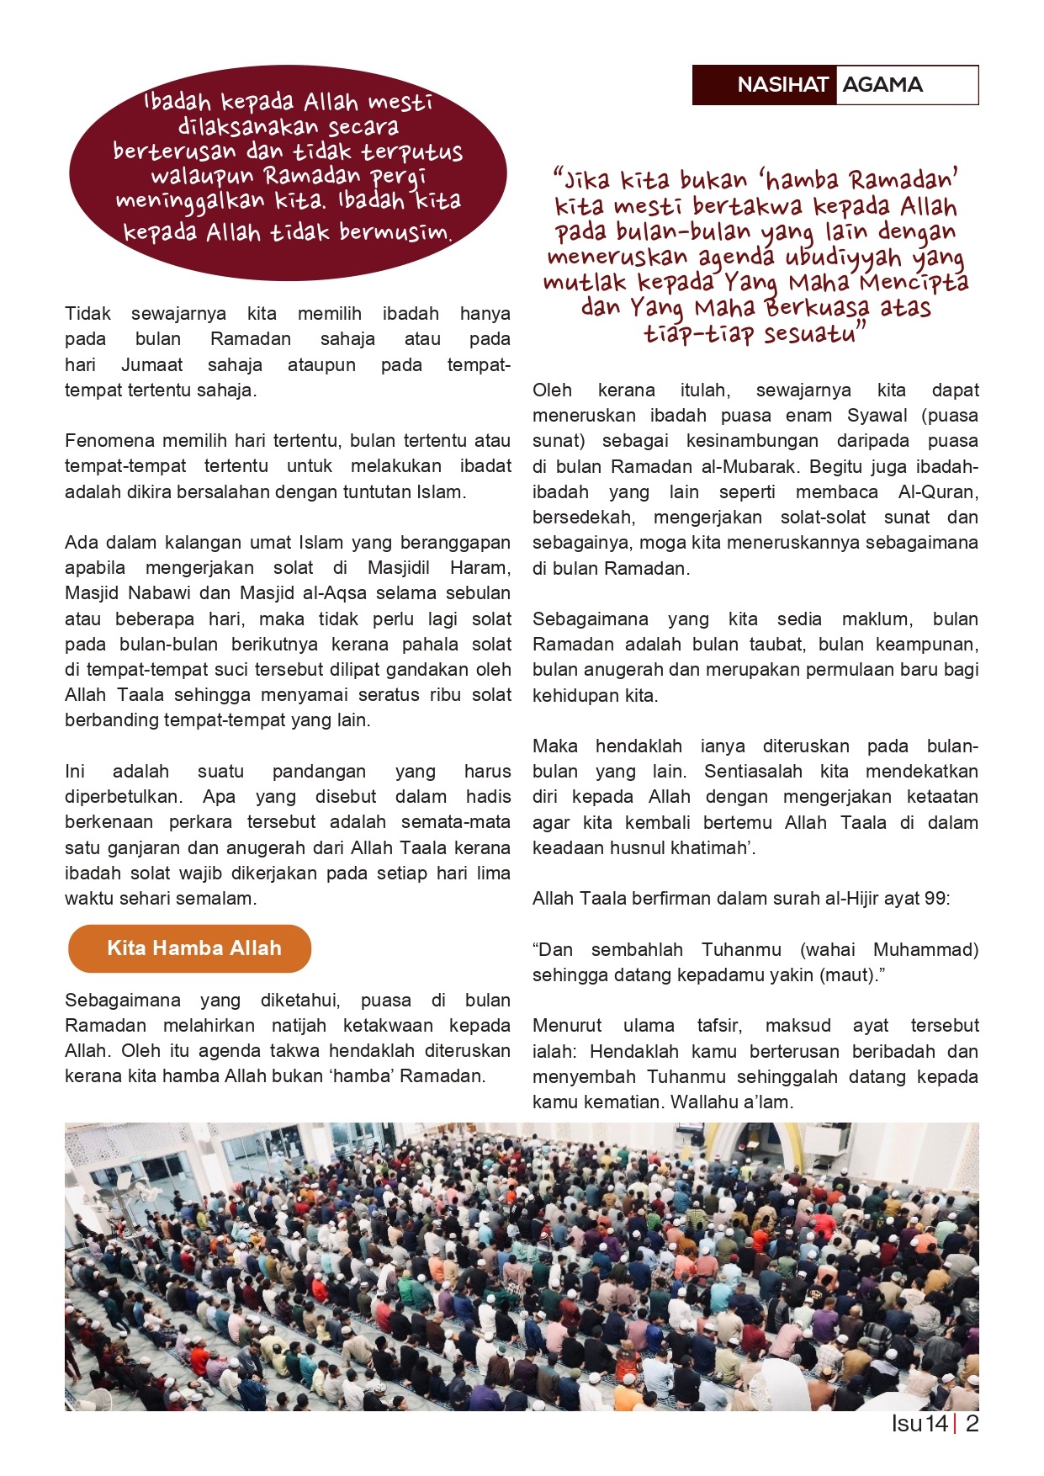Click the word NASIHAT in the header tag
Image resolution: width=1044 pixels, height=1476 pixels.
(x=782, y=85)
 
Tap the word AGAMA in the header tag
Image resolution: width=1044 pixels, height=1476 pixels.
(x=882, y=85)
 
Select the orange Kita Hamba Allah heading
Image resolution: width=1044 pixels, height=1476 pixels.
(x=193, y=948)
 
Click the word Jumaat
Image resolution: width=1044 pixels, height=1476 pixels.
(x=151, y=365)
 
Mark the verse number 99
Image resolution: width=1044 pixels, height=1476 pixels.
(x=935, y=899)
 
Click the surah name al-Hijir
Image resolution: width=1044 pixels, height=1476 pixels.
(x=851, y=899)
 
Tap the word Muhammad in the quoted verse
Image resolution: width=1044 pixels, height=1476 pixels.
(x=925, y=950)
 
